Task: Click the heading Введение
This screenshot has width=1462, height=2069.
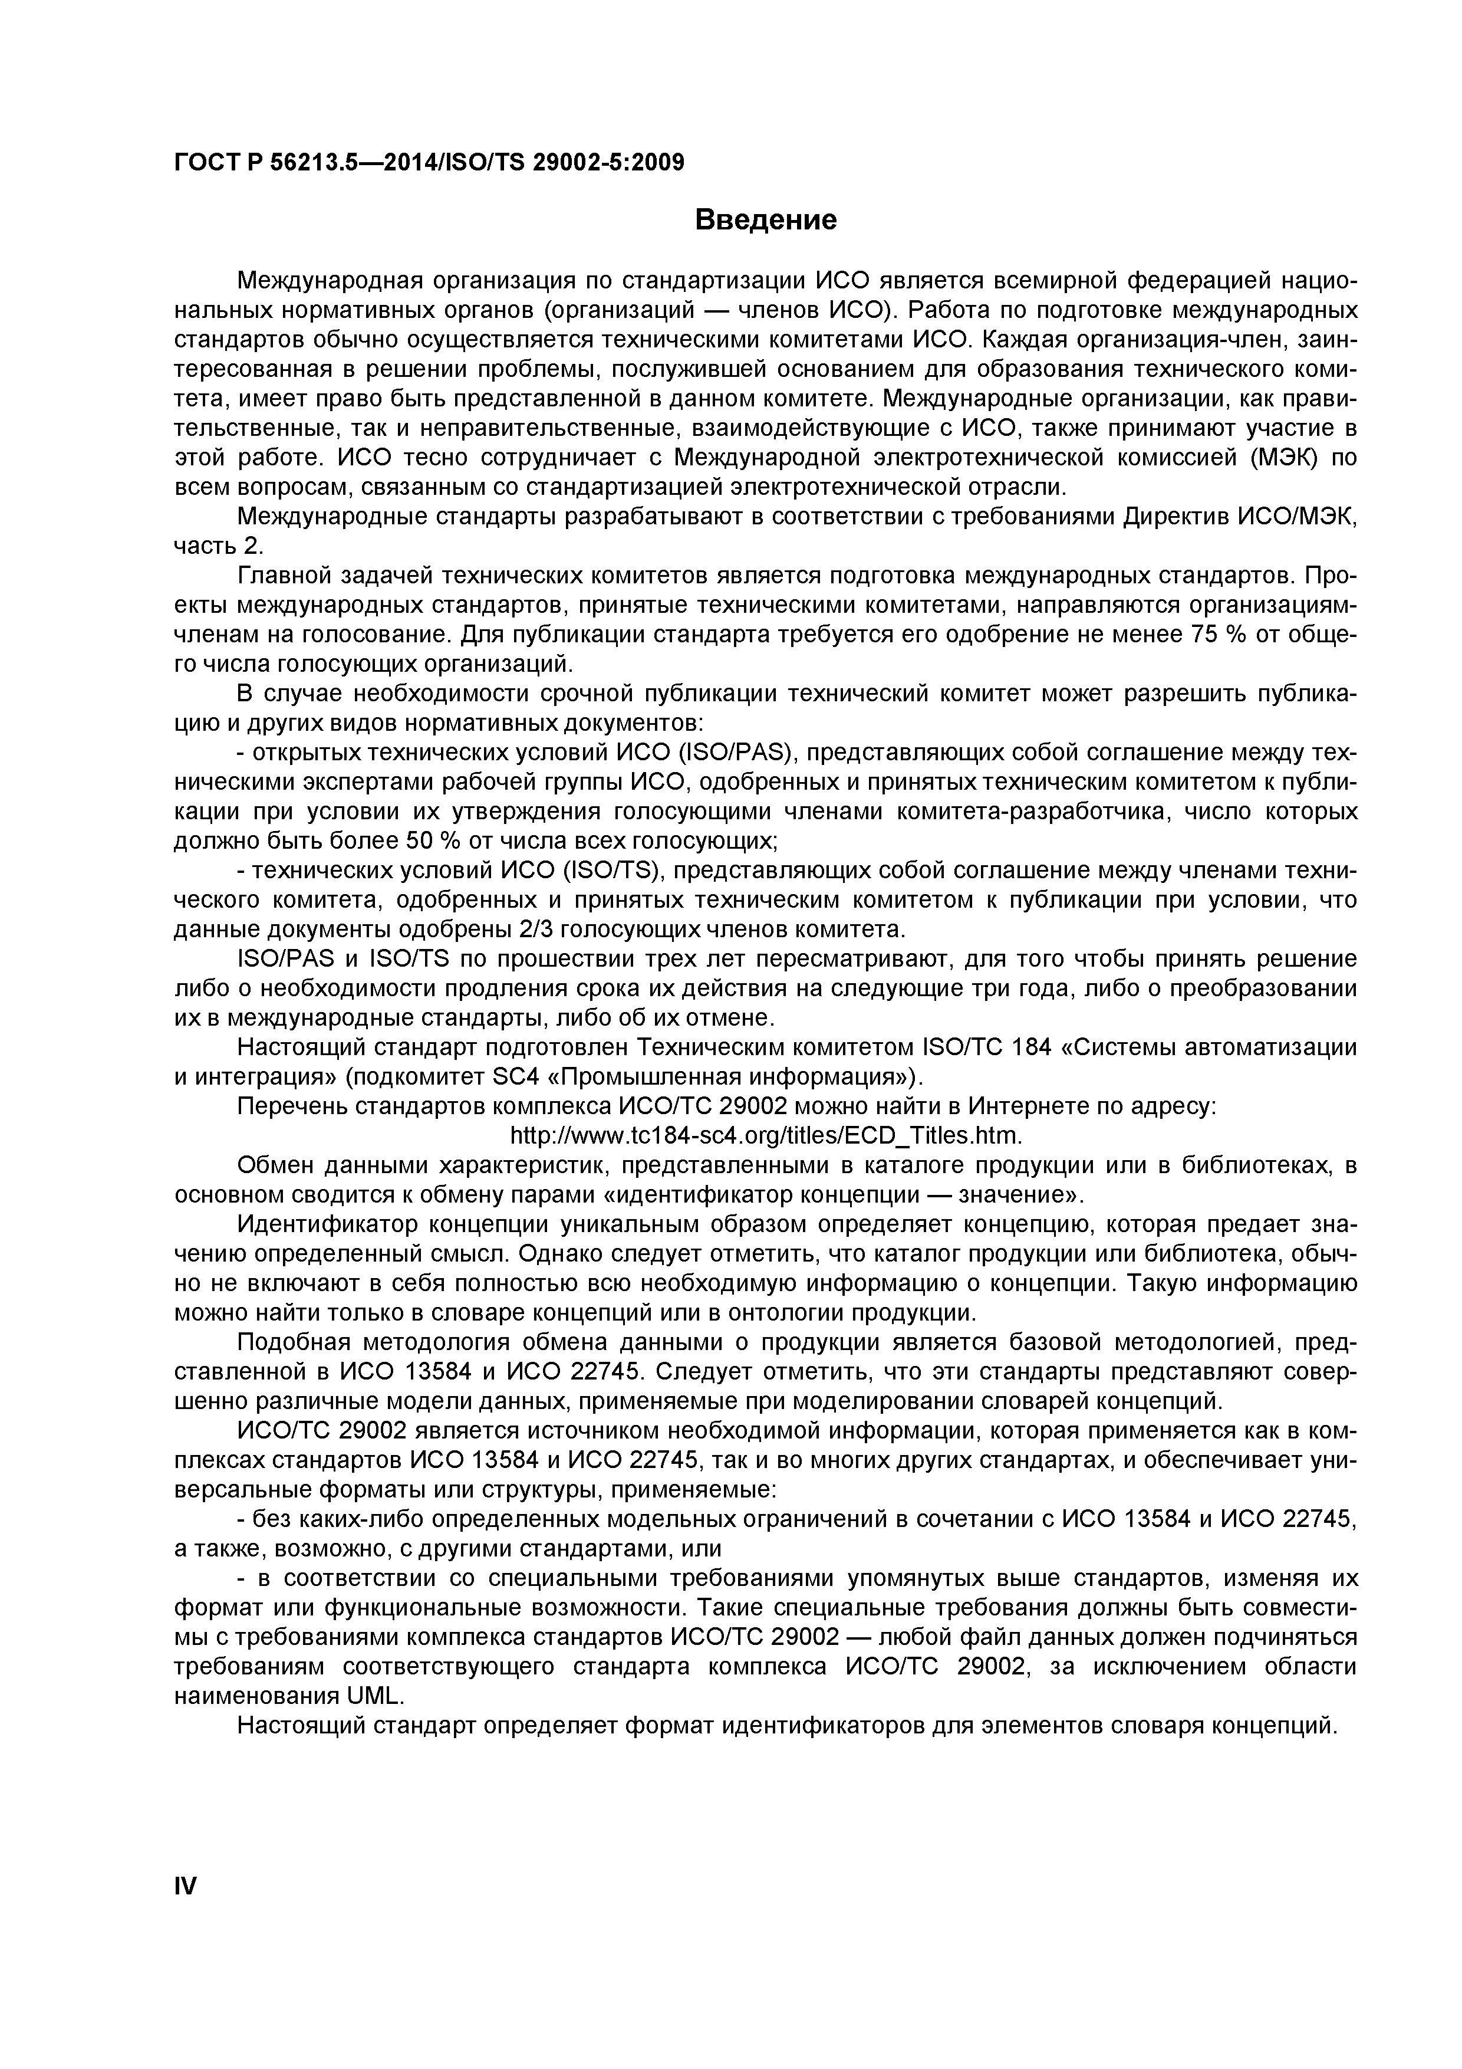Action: tap(766, 220)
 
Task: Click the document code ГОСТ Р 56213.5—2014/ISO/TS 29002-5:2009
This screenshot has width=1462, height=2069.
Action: tap(429, 162)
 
